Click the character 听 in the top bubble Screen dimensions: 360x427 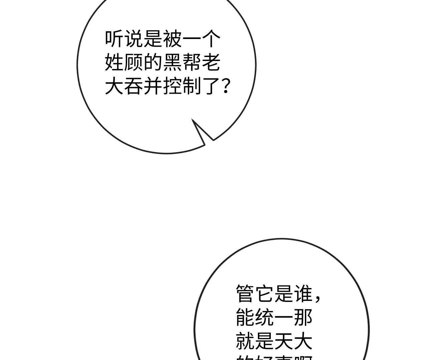(114, 39)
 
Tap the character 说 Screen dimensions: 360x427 (134, 39)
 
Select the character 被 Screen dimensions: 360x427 (172, 39)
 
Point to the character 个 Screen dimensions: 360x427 (211, 39)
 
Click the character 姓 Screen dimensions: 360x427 (114, 62)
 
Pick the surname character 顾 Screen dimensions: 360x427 (134, 62)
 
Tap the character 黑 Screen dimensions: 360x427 (172, 62)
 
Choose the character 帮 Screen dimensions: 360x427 (192, 62)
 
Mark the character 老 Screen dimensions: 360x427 (211, 62)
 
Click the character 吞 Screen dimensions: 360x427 (134, 86)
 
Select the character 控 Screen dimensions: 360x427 (172, 86)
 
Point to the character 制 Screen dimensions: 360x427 (192, 86)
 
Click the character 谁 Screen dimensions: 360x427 (303, 293)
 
